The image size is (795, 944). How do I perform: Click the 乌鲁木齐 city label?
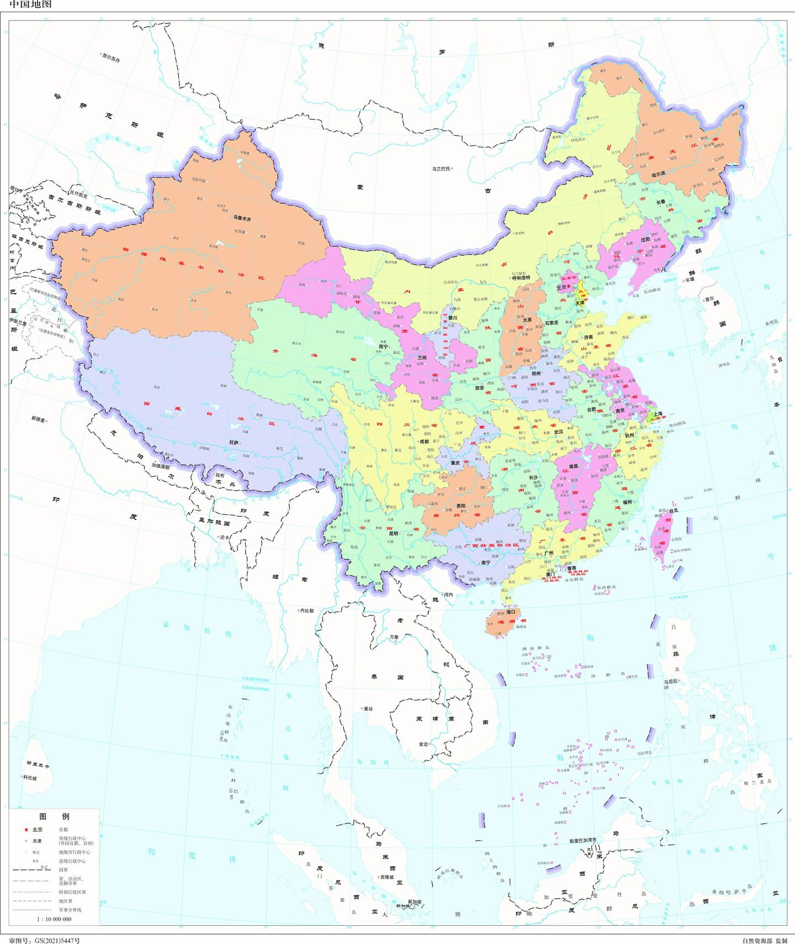[x=242, y=219]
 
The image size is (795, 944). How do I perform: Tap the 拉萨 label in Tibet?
[x=234, y=443]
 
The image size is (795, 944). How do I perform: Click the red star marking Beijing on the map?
[x=569, y=286]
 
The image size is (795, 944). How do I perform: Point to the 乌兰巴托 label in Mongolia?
[x=442, y=168]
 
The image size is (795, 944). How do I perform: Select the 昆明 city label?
[x=393, y=534]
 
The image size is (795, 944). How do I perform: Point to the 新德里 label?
[x=40, y=421]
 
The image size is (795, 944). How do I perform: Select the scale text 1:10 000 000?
[x=54, y=919]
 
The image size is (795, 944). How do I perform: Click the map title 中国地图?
[x=24, y=5]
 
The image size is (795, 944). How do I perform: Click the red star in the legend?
[x=26, y=830]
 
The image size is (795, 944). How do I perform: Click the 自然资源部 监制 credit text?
[x=765, y=940]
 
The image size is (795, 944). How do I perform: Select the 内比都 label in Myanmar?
[x=305, y=610]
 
